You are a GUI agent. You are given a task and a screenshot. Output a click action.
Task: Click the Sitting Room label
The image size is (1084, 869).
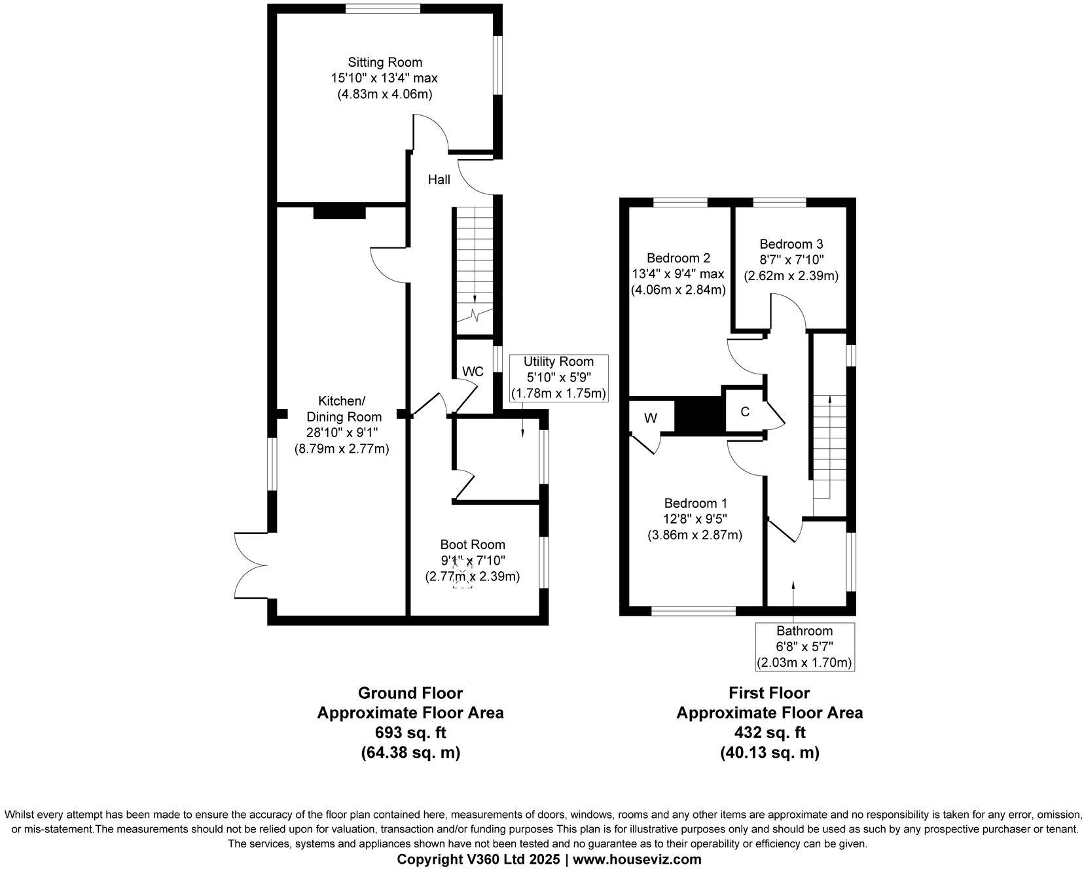pyautogui.click(x=384, y=63)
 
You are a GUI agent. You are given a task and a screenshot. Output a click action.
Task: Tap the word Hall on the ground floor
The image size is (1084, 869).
pyautogui.click(x=439, y=179)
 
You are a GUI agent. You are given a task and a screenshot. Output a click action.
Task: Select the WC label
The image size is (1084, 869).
pyautogui.click(x=473, y=372)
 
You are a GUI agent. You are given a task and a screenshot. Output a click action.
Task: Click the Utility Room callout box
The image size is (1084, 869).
pyautogui.click(x=558, y=378)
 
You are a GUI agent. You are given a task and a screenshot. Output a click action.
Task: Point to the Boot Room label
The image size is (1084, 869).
pyautogui.click(x=473, y=544)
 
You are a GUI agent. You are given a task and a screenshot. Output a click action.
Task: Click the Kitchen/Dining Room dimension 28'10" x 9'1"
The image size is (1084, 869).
pyautogui.click(x=342, y=433)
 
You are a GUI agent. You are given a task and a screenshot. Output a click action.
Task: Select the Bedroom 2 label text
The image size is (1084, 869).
pyautogui.click(x=678, y=258)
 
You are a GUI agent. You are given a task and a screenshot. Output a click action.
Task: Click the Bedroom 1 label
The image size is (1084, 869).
pyautogui.click(x=695, y=503)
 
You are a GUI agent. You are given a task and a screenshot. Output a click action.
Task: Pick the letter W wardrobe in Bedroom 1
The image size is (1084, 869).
pyautogui.click(x=650, y=417)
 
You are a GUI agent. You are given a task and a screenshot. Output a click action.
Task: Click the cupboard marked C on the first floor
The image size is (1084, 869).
pyautogui.click(x=744, y=412)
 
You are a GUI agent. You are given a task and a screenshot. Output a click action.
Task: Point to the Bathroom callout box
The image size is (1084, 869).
pyautogui.click(x=804, y=647)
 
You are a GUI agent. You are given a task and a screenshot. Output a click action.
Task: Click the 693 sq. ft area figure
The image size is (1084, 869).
pyautogui.click(x=410, y=732)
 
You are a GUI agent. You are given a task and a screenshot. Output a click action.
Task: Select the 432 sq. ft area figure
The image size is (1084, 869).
pyautogui.click(x=770, y=732)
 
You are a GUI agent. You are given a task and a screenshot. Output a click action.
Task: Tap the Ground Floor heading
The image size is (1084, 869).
pyautogui.click(x=410, y=693)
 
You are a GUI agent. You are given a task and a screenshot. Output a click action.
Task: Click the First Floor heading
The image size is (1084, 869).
pyautogui.click(x=770, y=693)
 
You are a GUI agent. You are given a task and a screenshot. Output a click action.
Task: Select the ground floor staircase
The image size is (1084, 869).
pyautogui.click(x=472, y=268)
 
